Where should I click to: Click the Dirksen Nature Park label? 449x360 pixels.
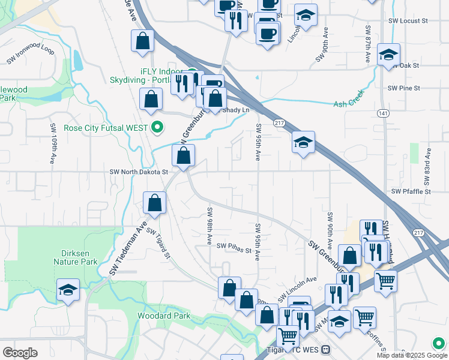click(76, 257)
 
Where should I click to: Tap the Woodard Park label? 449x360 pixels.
click(164, 316)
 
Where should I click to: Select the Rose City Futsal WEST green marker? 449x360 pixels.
click(158, 127)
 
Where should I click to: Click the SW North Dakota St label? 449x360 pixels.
click(139, 172)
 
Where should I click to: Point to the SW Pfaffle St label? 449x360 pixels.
click(411, 191)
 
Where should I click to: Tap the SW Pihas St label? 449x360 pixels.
click(234, 246)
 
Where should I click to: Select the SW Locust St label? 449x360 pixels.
click(408, 20)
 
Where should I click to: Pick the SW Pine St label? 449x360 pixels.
click(403, 88)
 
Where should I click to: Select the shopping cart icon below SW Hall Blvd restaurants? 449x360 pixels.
click(385, 280)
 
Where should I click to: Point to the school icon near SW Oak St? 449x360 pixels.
click(388, 54)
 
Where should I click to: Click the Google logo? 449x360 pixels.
click(20, 353)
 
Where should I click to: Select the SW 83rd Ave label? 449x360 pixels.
click(428, 161)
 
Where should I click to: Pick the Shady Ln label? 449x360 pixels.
click(236, 110)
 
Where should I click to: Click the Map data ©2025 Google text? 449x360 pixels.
click(403, 355)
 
